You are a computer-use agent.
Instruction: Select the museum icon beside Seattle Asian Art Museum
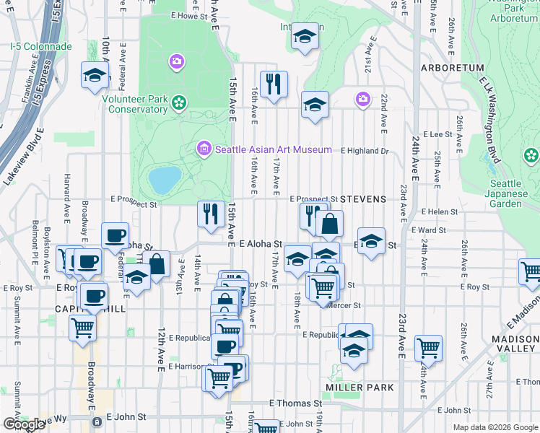[204, 149]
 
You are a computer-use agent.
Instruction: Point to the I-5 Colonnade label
[41, 46]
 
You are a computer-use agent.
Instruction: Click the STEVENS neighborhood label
[363, 198]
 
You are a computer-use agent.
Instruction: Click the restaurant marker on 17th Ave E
[274, 84]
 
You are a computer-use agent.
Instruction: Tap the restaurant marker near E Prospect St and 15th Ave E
[210, 214]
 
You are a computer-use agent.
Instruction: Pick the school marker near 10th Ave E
[95, 75]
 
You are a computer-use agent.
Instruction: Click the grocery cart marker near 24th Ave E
[428, 348]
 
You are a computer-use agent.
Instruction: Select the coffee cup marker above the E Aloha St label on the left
[115, 235]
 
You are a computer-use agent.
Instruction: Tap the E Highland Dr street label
[365, 151]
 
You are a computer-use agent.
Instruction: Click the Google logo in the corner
[24, 424]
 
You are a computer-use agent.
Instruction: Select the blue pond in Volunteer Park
[164, 178]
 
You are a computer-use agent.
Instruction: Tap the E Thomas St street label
[295, 403]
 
